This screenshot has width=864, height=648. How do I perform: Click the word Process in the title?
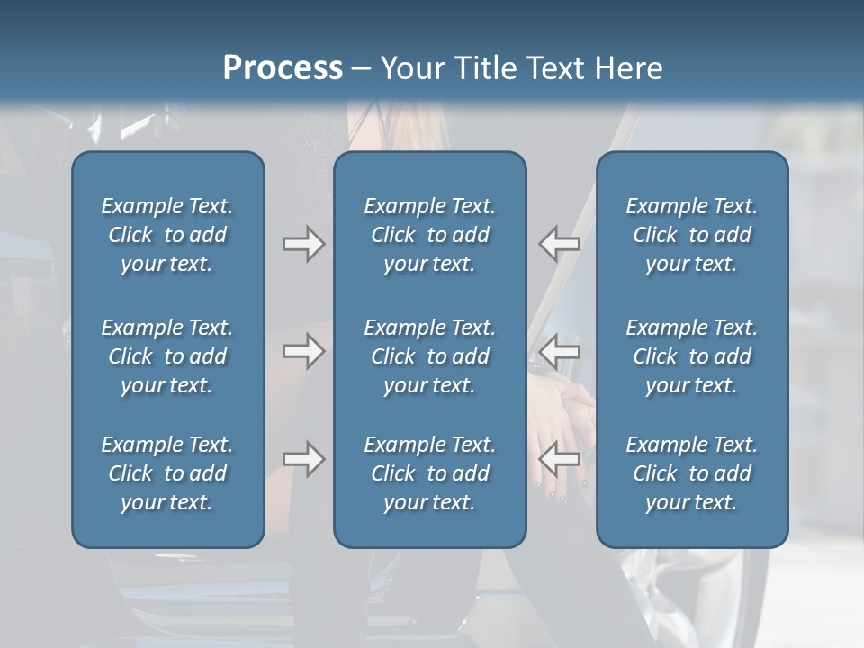click(283, 68)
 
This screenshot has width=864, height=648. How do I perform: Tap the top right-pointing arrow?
click(304, 244)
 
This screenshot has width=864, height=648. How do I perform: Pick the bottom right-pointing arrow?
click(304, 459)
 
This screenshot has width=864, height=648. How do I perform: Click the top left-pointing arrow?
click(560, 244)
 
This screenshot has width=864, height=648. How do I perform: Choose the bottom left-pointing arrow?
click(560, 459)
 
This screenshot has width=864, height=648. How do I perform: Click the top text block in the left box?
click(167, 235)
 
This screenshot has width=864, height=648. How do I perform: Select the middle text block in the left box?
click(167, 356)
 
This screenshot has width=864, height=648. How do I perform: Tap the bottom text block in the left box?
click(167, 473)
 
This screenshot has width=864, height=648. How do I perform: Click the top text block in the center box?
click(429, 235)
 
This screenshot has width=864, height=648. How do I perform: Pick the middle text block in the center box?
click(429, 356)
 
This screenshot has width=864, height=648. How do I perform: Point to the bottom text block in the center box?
click(429, 473)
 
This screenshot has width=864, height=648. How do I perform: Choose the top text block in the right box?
click(691, 235)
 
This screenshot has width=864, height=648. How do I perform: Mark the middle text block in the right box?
click(691, 356)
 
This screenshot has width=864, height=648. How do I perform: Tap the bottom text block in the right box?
click(691, 473)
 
